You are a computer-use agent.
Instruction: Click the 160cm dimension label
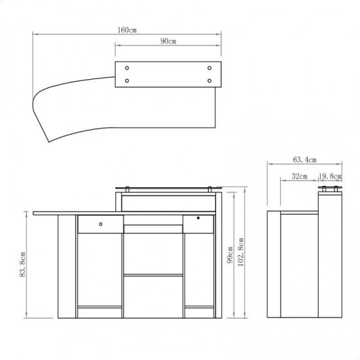(127, 30)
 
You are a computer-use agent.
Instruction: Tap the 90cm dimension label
(168, 41)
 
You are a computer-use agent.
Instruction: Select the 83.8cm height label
(22, 264)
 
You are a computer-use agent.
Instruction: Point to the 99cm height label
(230, 255)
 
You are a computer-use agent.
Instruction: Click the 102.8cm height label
(240, 252)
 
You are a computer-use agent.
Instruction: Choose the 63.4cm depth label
(304, 160)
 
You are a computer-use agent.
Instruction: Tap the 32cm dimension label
(299, 176)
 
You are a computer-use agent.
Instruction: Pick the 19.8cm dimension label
(330, 176)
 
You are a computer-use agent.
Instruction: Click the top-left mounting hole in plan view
(127, 68)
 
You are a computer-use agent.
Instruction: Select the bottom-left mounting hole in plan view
(127, 81)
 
